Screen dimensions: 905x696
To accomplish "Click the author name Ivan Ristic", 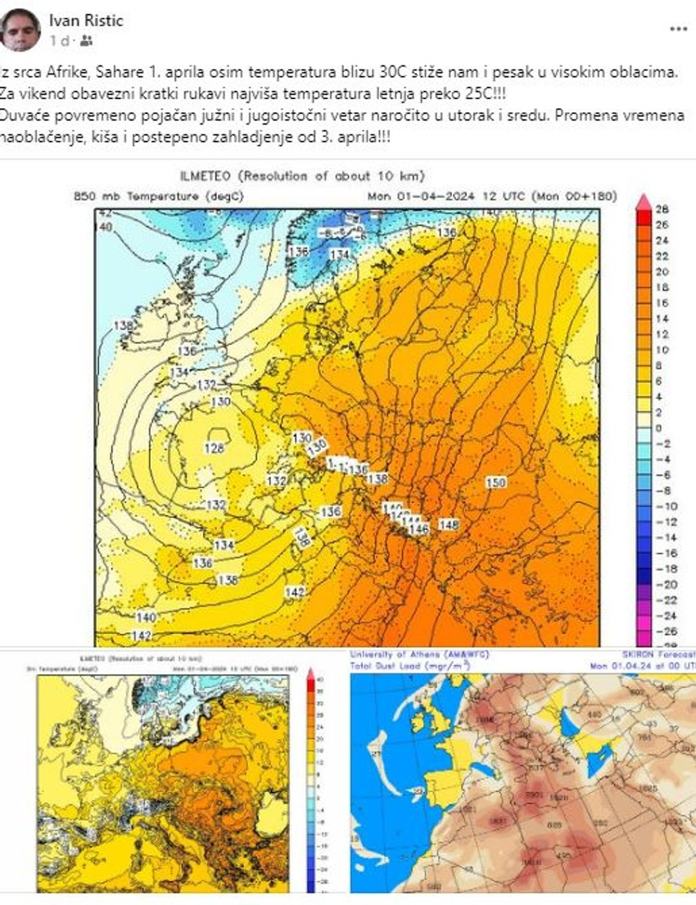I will pos(86,20).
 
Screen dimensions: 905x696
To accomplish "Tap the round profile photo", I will pos(21,29).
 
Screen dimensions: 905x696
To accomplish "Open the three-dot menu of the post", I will pos(678,29).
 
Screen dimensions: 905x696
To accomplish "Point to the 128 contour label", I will pos(214,448).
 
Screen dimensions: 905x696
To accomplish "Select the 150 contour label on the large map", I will pos(495,483).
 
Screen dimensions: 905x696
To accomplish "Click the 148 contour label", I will pos(449,524).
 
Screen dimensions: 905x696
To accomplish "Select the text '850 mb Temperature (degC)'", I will pos(136,197).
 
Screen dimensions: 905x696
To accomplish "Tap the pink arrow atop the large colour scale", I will pos(644,201).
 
